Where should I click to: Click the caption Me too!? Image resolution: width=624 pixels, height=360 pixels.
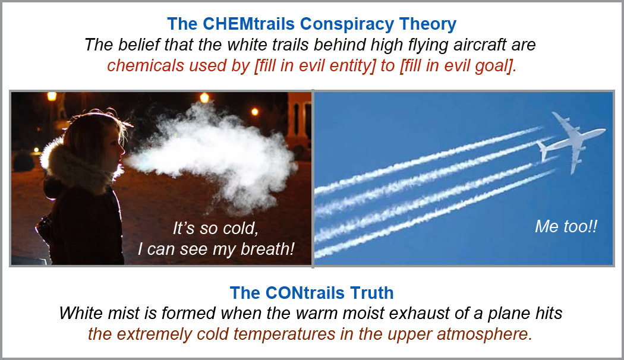(566, 226)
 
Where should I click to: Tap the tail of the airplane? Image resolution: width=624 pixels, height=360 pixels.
(543, 150)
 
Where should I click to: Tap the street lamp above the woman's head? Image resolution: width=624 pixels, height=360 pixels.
(52, 97)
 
